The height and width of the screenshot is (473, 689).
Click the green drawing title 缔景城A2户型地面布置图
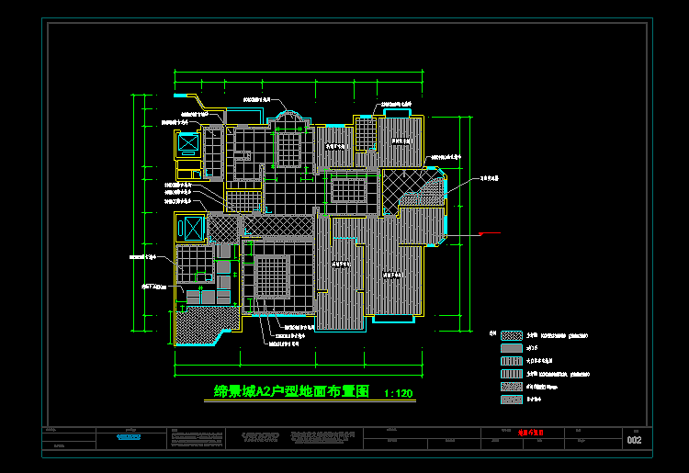(x=291, y=391)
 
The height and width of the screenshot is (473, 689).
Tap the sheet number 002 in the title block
(x=634, y=441)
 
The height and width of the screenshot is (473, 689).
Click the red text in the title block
(x=530, y=431)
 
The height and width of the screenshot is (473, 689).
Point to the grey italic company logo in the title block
(x=260, y=436)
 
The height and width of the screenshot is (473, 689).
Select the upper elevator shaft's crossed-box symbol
(x=188, y=144)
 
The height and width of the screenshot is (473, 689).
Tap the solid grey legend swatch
(x=512, y=349)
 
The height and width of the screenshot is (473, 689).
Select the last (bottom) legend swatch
(x=512, y=400)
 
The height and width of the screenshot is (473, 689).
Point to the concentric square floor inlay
(x=271, y=276)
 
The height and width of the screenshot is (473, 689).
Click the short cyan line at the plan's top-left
(x=185, y=94)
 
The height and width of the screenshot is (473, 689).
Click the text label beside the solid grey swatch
(x=532, y=349)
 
